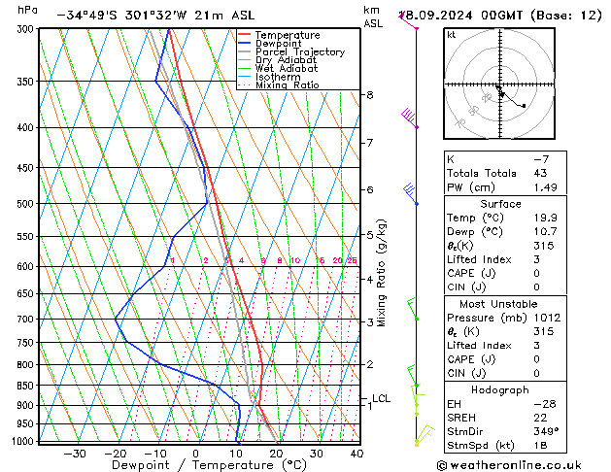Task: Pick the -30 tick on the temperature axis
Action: coord(74,454)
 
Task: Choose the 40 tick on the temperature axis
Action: coord(356,454)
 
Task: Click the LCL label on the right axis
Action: coord(381,398)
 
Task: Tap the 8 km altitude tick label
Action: coord(369,95)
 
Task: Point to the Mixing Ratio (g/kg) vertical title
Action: coord(383,273)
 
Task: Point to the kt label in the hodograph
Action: coord(451,35)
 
